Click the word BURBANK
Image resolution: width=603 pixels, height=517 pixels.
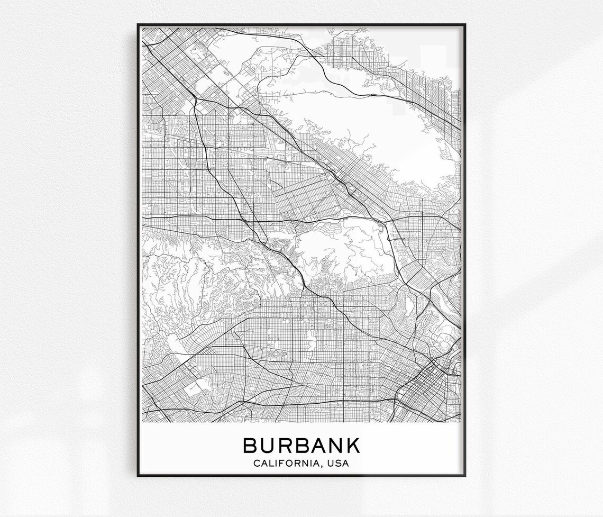click(301, 445)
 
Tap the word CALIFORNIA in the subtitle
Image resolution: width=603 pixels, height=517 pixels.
click(284, 464)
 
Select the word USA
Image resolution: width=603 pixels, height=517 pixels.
click(339, 464)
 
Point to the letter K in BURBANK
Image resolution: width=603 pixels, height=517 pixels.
click(352, 445)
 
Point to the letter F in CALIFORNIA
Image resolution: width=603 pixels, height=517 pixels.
click(278, 464)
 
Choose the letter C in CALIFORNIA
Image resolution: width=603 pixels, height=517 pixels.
click(257, 464)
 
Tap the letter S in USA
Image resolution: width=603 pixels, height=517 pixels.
click(339, 464)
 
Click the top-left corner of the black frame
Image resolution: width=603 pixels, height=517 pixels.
click(138, 24)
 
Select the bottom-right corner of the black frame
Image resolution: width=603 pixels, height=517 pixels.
click(465, 476)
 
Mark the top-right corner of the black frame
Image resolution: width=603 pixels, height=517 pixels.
click(465, 24)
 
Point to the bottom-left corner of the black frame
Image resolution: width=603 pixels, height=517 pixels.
click(138, 476)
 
